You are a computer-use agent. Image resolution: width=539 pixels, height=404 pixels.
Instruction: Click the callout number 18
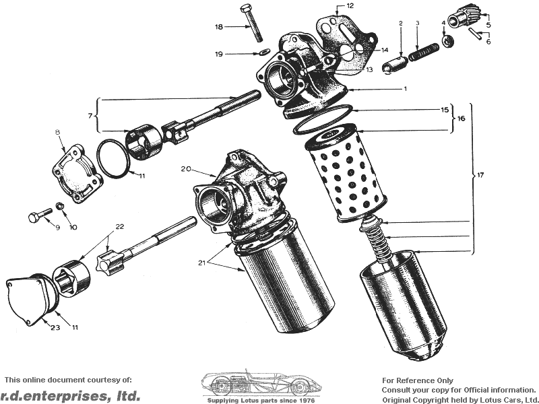(x=219, y=27)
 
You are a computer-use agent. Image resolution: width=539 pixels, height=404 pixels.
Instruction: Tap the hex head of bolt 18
(x=245, y=8)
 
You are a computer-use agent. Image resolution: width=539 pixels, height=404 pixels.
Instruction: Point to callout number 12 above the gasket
(x=350, y=6)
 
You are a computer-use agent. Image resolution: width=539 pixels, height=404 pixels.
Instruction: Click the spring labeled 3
(x=424, y=52)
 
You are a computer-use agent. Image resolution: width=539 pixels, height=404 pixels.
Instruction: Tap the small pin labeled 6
(x=475, y=34)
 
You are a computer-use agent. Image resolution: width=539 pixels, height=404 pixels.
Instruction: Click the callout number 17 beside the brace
(x=480, y=175)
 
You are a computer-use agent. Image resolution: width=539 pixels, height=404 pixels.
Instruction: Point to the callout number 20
(x=186, y=169)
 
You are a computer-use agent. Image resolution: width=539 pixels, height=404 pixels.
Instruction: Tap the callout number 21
(x=201, y=263)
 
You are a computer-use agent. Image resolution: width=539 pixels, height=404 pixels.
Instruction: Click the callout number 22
(x=120, y=227)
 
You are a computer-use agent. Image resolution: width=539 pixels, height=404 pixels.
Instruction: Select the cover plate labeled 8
(x=77, y=174)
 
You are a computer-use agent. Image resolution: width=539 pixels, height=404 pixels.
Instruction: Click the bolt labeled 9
(x=40, y=215)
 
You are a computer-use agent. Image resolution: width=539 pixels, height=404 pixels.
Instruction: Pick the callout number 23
(x=55, y=327)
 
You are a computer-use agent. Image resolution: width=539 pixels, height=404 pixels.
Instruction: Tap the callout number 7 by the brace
(x=90, y=116)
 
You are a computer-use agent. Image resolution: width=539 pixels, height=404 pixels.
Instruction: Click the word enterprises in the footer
(x=63, y=395)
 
